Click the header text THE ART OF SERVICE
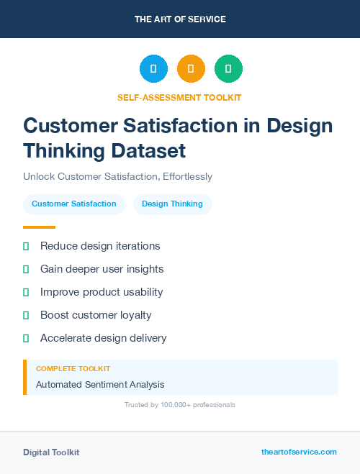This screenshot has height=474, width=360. [x=180, y=19]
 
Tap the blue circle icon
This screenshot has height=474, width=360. [x=153, y=69]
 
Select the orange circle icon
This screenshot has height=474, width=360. [x=191, y=69]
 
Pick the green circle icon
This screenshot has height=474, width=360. [x=228, y=69]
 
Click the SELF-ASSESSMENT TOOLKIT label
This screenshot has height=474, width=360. [x=179, y=97]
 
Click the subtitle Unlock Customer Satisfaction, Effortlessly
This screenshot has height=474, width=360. [x=117, y=176]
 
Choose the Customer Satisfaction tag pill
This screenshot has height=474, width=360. [x=74, y=204]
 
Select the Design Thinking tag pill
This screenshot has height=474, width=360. [x=172, y=204]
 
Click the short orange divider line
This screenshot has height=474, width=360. [x=39, y=227]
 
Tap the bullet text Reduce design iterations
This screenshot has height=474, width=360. [x=100, y=246]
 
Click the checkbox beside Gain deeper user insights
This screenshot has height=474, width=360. [x=26, y=269]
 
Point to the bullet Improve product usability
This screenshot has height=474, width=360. [x=102, y=292]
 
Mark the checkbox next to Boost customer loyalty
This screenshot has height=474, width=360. [x=26, y=315]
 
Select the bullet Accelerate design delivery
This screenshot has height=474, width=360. [x=103, y=338]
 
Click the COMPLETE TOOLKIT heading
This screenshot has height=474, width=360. [x=68, y=368]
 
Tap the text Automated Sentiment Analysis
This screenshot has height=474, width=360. [x=100, y=385]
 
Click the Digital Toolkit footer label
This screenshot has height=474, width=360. [x=51, y=452]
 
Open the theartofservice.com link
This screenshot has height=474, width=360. [x=299, y=452]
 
